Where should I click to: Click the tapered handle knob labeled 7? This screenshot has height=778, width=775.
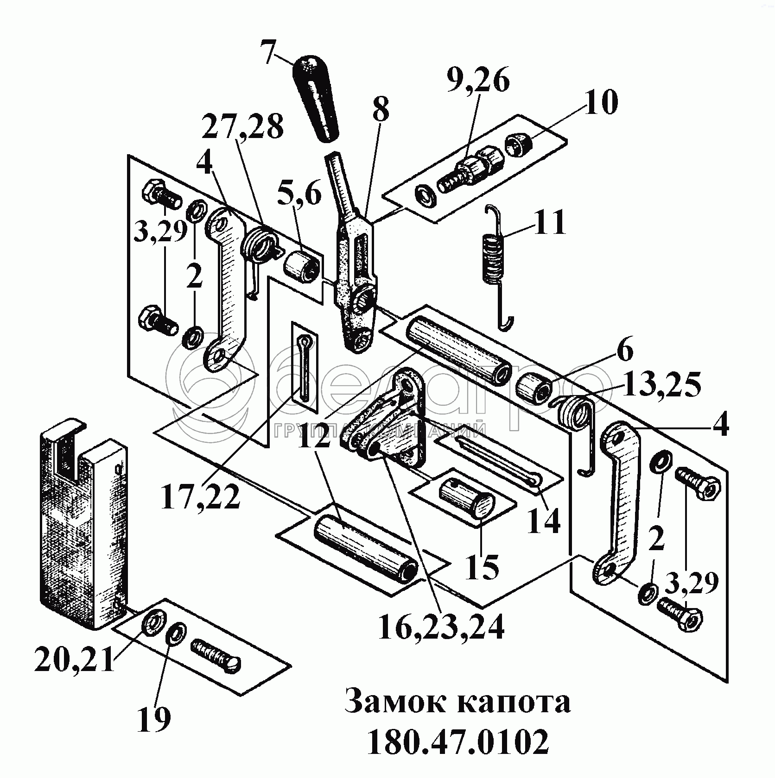point(316,99)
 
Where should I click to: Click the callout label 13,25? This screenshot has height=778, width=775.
point(661,385)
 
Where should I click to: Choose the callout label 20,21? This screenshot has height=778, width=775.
point(74,659)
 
